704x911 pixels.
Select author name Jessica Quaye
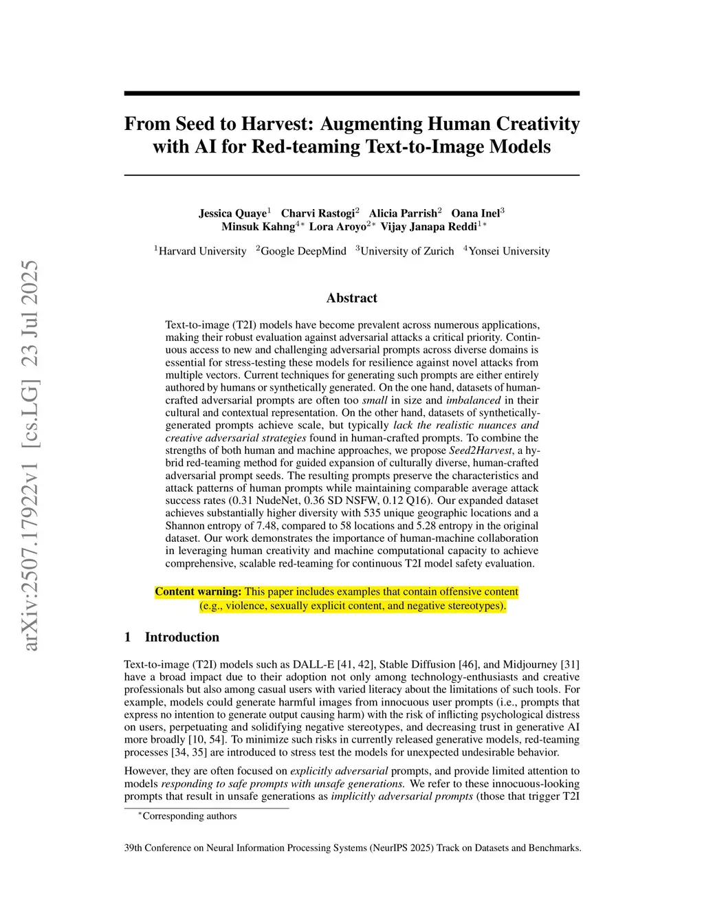(x=232, y=213)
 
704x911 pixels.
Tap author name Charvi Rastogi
(x=318, y=213)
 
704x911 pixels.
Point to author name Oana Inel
(x=475, y=213)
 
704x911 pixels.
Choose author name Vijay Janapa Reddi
(x=428, y=226)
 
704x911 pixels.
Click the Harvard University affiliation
(x=202, y=251)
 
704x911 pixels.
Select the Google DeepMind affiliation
(x=303, y=251)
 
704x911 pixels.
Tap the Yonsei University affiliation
(x=509, y=251)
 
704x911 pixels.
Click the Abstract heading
(x=351, y=298)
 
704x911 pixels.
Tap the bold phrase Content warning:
(x=198, y=592)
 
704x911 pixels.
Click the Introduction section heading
(x=181, y=637)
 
